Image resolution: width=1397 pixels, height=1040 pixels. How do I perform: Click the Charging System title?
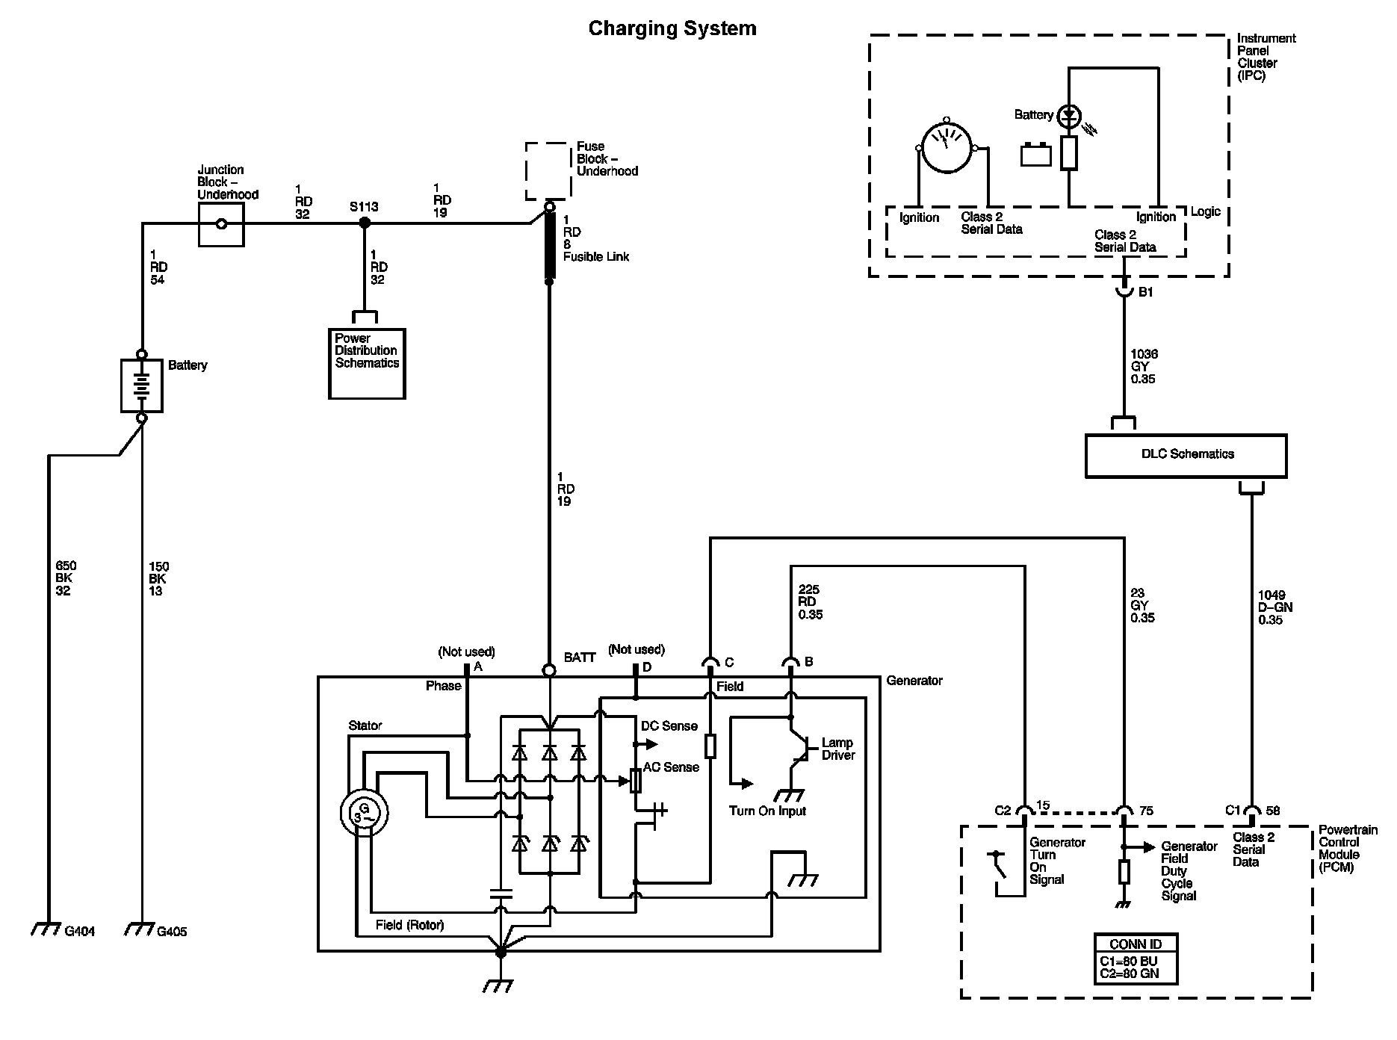click(x=672, y=28)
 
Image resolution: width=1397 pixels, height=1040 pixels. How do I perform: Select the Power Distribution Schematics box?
click(x=367, y=363)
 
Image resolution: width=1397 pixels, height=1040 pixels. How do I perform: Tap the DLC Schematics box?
click(x=1186, y=454)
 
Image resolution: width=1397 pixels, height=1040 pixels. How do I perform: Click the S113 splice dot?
click(x=365, y=223)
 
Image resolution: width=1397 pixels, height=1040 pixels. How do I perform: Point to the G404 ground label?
click(x=80, y=932)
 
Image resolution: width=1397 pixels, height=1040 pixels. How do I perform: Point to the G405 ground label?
click(x=172, y=932)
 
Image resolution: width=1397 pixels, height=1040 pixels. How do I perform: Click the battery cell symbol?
click(x=141, y=386)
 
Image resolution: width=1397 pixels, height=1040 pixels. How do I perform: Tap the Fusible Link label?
click(x=596, y=256)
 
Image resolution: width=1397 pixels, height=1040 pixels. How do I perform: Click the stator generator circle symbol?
click(x=364, y=812)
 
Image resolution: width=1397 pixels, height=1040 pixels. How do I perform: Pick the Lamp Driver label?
click(x=837, y=749)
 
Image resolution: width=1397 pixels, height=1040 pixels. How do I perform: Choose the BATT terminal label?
click(x=580, y=657)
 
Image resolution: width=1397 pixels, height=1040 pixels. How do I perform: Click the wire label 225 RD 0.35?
click(x=811, y=601)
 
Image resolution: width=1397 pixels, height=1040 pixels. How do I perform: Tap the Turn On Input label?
click(x=767, y=811)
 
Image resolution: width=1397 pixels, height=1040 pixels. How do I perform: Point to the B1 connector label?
click(x=1145, y=292)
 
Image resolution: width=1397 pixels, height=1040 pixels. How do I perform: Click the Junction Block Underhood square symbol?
click(x=221, y=223)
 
